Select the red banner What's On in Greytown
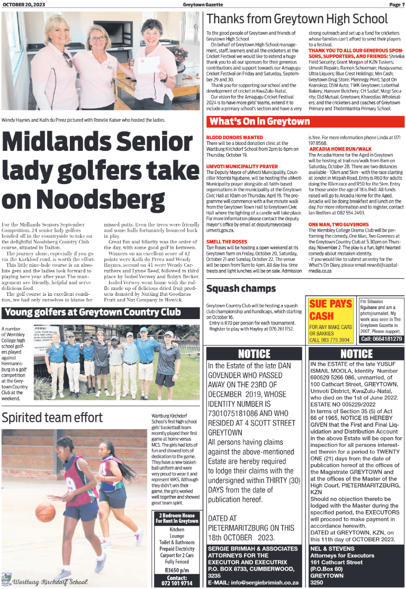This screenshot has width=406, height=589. [259, 122]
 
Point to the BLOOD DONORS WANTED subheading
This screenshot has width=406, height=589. [234, 137]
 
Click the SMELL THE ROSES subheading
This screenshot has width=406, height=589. [226, 241]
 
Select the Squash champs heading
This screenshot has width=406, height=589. [241, 288]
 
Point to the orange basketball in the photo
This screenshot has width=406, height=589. [46, 512]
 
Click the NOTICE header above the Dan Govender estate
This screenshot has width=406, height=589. [254, 354]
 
